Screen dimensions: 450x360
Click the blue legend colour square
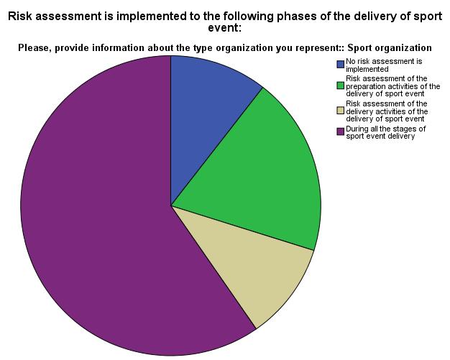click(340, 65)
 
